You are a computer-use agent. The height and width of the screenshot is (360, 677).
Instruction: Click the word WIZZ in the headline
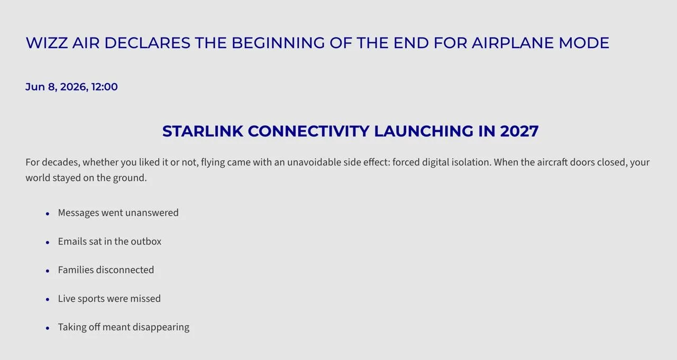point(47,43)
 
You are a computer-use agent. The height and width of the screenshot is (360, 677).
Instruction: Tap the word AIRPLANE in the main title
point(513,43)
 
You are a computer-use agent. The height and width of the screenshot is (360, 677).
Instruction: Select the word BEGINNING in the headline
point(278,43)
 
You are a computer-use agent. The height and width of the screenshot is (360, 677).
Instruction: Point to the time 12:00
point(104,87)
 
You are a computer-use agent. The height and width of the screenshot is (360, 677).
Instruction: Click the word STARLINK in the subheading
point(203,132)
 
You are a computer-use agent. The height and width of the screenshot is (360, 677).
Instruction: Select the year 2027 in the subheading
point(519,132)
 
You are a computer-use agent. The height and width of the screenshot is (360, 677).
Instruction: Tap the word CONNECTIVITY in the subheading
point(308,132)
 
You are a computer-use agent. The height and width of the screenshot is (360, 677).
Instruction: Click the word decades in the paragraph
point(61,162)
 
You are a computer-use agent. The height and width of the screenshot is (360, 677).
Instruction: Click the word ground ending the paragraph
point(130,178)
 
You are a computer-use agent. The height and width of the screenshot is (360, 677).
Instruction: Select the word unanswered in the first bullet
point(152,213)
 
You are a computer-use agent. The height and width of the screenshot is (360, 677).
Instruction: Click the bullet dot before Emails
point(48,243)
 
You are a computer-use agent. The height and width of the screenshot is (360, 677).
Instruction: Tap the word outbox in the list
point(145,242)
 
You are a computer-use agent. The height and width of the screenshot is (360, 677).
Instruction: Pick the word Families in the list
point(76,270)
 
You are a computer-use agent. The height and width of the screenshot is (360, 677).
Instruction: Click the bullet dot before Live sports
point(48,300)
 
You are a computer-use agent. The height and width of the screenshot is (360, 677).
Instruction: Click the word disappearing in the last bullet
point(161,327)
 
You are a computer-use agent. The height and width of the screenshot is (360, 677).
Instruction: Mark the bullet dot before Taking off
point(48,328)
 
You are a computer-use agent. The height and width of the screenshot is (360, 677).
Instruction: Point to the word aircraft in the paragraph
point(552,162)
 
